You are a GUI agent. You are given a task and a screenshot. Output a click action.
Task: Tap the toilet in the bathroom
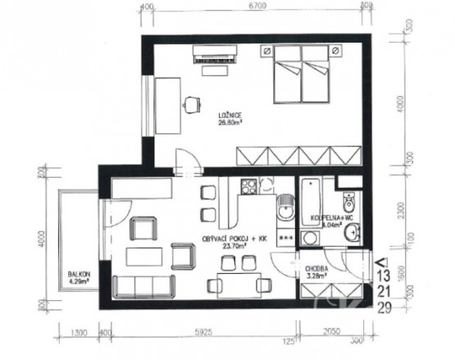[349, 200]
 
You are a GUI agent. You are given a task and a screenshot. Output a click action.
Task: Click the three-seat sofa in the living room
[143, 286]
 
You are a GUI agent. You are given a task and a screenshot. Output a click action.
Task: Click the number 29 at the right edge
[383, 308]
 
